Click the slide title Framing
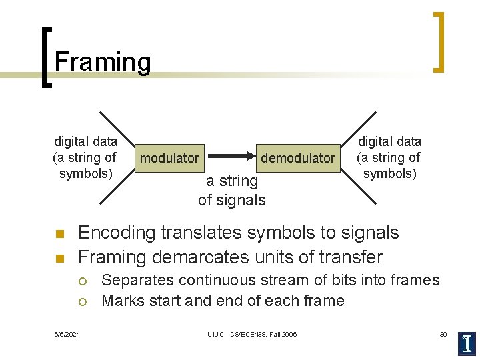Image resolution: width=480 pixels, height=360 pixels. coord(103,62)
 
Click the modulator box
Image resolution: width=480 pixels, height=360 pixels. coord(169,158)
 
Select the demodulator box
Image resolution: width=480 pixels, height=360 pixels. coord(297,158)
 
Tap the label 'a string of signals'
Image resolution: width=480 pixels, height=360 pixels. coord(231,190)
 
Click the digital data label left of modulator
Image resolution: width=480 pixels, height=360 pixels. coord(85,157)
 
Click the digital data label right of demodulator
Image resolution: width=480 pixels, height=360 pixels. coord(389,157)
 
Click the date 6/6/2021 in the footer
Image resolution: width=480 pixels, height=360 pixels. coord(67,334)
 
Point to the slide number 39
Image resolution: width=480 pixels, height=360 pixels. coord(443,334)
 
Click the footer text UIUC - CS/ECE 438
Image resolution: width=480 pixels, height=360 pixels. coord(252,334)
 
